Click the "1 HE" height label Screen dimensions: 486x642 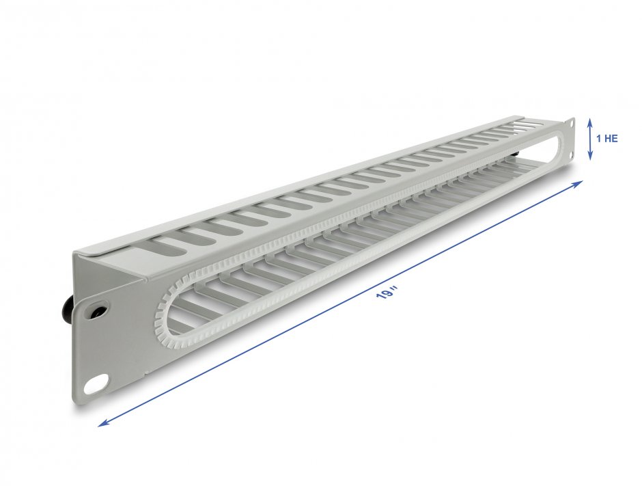[x=607, y=138]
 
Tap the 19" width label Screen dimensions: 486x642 [x=387, y=293]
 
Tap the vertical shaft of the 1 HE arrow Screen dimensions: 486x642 [x=591, y=139]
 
